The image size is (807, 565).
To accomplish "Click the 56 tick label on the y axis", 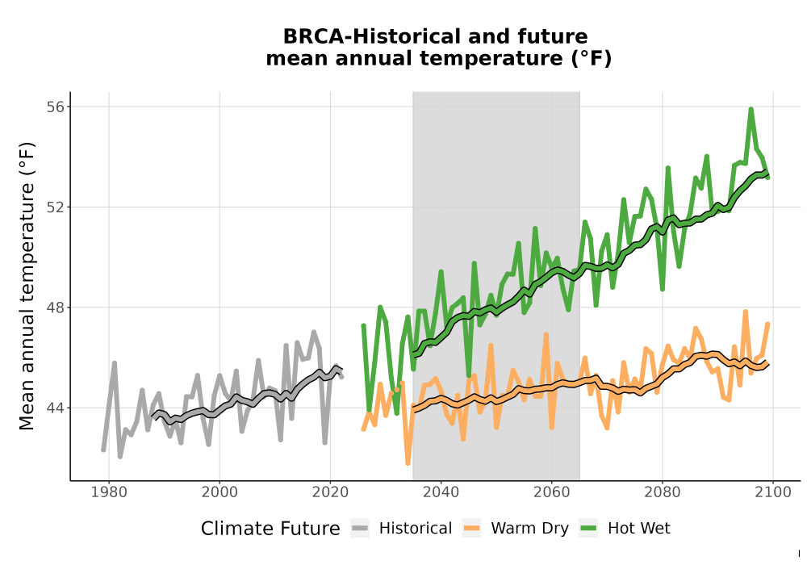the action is (56, 107).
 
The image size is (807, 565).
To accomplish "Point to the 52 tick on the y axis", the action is (56, 207).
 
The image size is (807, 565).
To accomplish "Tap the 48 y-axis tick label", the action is (56, 308).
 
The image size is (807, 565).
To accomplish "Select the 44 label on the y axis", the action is (56, 408).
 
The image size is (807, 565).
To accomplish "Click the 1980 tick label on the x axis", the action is (109, 492).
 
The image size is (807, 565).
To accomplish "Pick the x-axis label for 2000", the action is (220, 492).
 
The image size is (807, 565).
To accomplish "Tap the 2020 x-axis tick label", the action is (330, 492).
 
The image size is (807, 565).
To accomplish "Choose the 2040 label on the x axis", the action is (441, 492).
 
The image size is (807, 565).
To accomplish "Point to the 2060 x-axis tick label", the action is (552, 492).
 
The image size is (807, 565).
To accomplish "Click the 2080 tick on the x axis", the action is (663, 492).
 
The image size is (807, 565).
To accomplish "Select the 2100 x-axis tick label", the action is (773, 492).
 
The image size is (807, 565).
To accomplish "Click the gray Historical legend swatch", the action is (360, 529).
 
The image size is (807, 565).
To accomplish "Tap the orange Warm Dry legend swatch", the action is (471, 529).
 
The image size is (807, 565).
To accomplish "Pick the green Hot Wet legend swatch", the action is (588, 529).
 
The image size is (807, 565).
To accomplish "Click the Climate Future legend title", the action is (270, 529).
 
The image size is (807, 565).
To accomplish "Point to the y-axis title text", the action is (27, 286).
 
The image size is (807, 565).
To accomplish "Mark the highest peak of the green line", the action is (751, 109).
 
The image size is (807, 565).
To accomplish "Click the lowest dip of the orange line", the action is (408, 463).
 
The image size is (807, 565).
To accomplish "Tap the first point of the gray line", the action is (103, 450).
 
